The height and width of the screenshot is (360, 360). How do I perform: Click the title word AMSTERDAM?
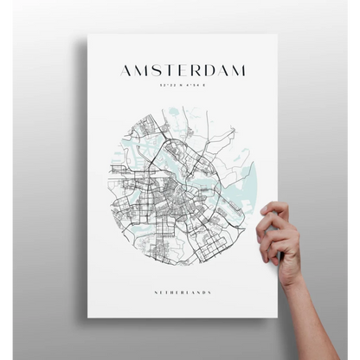click(x=182, y=70)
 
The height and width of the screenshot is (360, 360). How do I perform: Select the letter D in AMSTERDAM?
click(x=210, y=70)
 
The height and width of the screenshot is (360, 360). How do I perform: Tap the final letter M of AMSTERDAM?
click(x=240, y=70)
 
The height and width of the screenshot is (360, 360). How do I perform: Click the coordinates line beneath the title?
click(x=182, y=85)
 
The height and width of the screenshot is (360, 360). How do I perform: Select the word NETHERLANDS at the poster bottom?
click(x=182, y=292)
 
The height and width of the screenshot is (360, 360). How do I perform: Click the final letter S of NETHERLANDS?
click(x=210, y=292)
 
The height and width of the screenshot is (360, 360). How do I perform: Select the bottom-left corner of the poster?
click(x=89, y=332)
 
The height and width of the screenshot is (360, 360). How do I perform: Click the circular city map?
click(x=182, y=186)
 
